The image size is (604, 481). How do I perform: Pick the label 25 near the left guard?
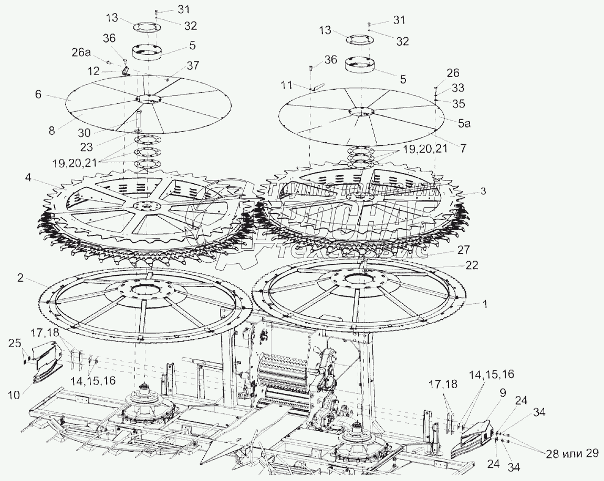coord(14,344)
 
